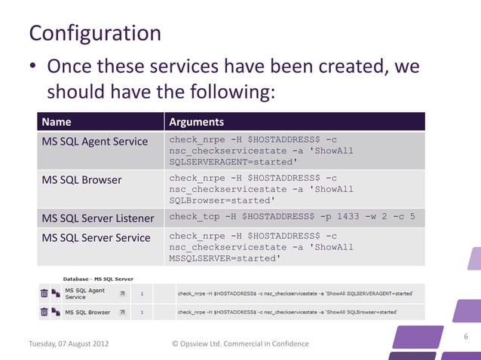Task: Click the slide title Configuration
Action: coord(94,33)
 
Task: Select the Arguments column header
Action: coord(196,122)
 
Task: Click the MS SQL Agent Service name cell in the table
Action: coord(93,141)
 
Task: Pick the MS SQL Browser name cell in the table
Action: coord(81,180)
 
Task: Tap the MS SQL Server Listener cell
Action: coord(98,218)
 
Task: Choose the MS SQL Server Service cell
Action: coord(96,237)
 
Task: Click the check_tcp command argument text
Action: coord(292,218)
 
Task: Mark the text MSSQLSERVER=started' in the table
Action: coord(225,258)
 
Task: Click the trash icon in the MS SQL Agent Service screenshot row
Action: coord(44,293)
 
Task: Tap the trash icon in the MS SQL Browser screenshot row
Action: coord(44,312)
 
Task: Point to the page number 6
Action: coord(466,337)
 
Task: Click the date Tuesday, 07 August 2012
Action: coord(68,344)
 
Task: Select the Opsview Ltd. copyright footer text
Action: coord(240,344)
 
